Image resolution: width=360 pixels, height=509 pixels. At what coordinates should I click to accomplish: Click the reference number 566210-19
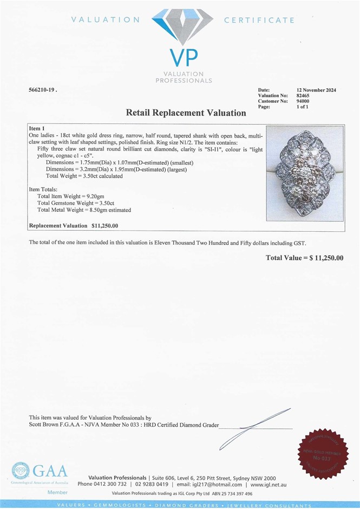tap(42, 89)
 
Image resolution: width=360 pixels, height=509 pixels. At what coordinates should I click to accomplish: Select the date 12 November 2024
tap(316, 90)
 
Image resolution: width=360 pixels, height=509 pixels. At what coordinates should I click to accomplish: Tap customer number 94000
tap(304, 101)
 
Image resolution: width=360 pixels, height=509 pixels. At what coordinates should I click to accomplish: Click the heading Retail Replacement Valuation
tap(186, 113)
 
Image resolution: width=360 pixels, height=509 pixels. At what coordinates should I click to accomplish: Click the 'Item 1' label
tap(37, 128)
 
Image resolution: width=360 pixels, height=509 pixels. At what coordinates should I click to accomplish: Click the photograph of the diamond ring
tap(305, 174)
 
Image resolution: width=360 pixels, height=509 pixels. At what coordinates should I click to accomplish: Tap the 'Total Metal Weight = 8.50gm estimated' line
tap(84, 210)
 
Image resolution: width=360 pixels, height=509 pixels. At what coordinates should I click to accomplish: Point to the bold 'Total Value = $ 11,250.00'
tap(304, 258)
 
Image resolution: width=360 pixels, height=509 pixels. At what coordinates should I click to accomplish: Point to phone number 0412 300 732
tap(110, 484)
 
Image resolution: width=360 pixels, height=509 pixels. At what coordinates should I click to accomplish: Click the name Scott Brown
tap(44, 425)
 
